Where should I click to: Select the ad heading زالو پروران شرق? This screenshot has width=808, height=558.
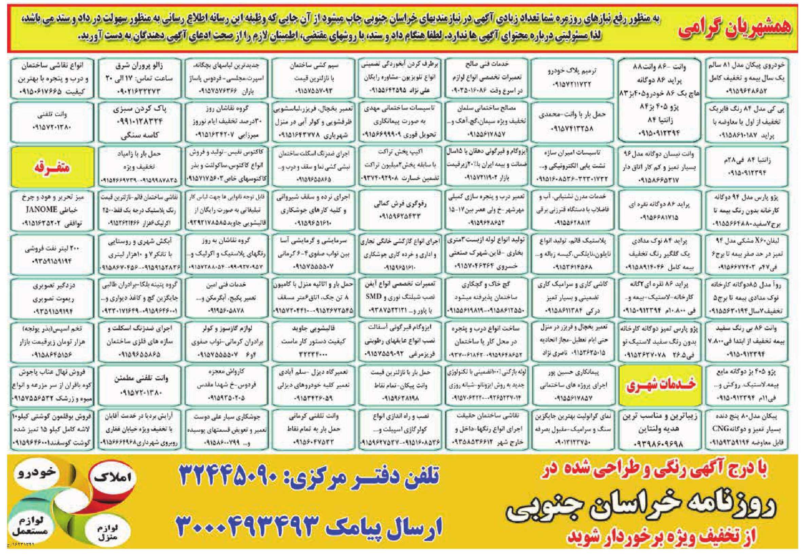pos(139,66)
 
